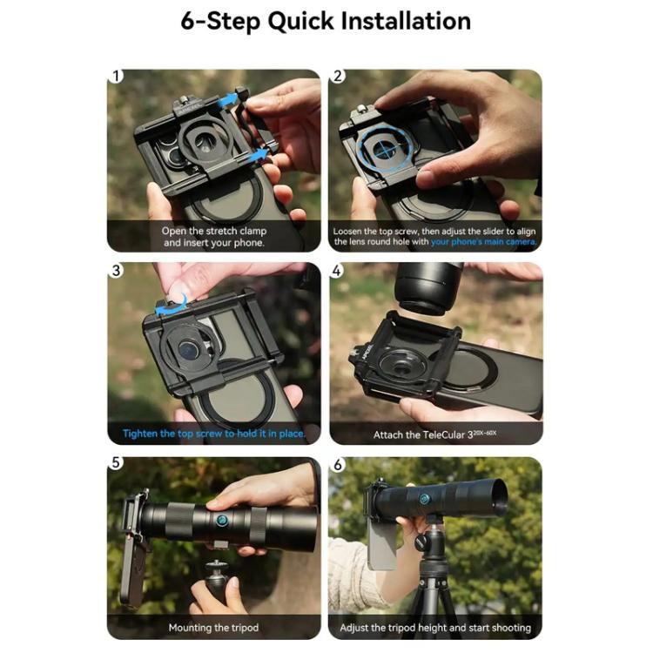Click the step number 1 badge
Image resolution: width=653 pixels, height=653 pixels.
tap(116, 77)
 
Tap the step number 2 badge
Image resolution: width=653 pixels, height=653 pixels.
tap(338, 77)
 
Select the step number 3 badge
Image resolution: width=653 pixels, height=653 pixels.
tap(116, 270)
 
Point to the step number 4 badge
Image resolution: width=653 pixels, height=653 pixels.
tap(338, 270)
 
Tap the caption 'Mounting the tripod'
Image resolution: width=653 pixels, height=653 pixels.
tap(213, 627)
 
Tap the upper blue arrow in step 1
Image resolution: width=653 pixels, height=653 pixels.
tap(227, 101)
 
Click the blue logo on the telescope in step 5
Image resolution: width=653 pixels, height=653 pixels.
tap(222, 521)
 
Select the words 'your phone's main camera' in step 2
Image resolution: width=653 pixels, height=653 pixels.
tap(482, 242)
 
